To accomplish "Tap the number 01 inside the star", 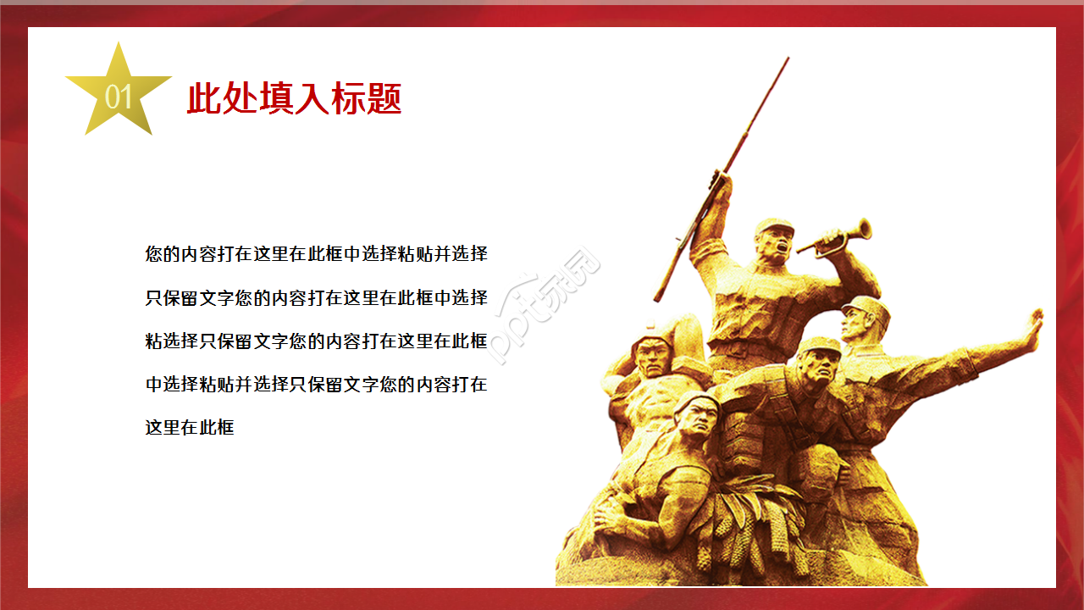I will tap(119, 97).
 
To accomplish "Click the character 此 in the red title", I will tap(204, 99).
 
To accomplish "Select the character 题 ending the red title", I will tap(384, 99).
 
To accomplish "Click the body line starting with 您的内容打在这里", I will tap(316, 253).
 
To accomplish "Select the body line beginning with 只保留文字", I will tap(316, 297).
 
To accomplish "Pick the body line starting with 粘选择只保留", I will tap(316, 341).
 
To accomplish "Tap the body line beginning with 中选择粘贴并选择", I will tap(316, 385).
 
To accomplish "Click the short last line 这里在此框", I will tap(190, 428).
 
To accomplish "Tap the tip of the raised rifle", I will tap(787, 59).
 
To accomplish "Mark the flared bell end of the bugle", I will tap(864, 228).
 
